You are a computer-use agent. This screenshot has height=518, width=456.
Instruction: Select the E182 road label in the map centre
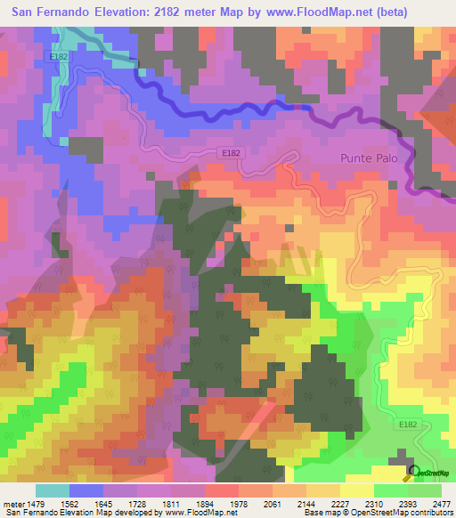(231, 152)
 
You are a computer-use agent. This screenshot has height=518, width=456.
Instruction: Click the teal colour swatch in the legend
(52, 490)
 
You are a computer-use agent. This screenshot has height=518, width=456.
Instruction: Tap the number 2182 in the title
(178, 13)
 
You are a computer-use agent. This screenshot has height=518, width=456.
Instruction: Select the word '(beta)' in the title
(425, 13)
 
